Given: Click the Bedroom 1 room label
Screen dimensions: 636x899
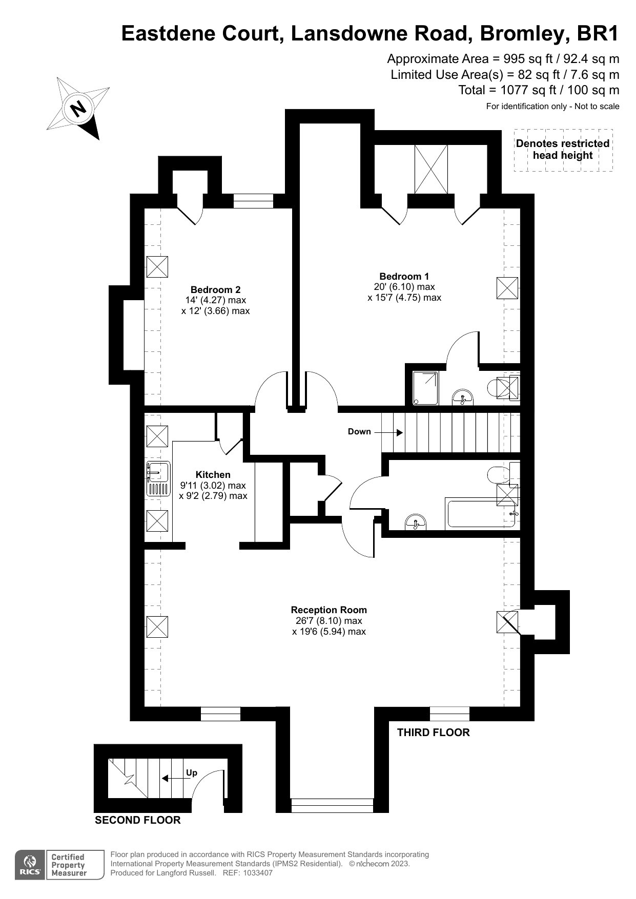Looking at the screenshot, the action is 404,276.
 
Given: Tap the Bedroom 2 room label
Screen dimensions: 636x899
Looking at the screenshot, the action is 215,289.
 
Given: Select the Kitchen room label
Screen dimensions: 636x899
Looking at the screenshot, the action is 213,475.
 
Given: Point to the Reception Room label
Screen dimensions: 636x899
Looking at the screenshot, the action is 329,610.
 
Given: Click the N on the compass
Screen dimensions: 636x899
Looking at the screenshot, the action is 78,109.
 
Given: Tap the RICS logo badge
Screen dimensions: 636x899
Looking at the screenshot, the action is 31,865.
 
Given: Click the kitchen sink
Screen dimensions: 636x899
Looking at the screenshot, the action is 158,478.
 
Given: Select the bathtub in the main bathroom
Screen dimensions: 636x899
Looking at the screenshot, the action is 479,513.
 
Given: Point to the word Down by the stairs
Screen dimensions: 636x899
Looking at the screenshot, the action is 359,431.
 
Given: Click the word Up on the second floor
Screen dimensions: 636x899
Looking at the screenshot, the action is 192,773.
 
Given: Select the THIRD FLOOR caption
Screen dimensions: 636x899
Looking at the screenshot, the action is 434,733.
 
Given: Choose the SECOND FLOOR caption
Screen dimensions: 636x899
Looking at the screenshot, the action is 138,820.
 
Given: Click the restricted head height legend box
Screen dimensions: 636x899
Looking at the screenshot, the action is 563,150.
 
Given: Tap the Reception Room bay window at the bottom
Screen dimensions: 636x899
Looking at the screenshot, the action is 332,805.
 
